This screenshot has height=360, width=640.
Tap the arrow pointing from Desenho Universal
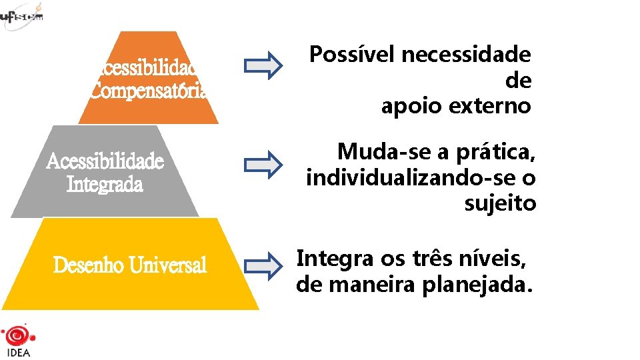tap(263, 265)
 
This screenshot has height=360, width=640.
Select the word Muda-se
tap(383, 153)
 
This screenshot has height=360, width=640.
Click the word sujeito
tap(500, 203)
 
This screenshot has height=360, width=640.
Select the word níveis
tap(489, 257)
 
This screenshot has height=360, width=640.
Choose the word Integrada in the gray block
tap(105, 183)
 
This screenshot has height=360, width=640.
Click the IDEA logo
tap(17, 341)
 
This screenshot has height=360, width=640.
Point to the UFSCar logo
tap(21, 15)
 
